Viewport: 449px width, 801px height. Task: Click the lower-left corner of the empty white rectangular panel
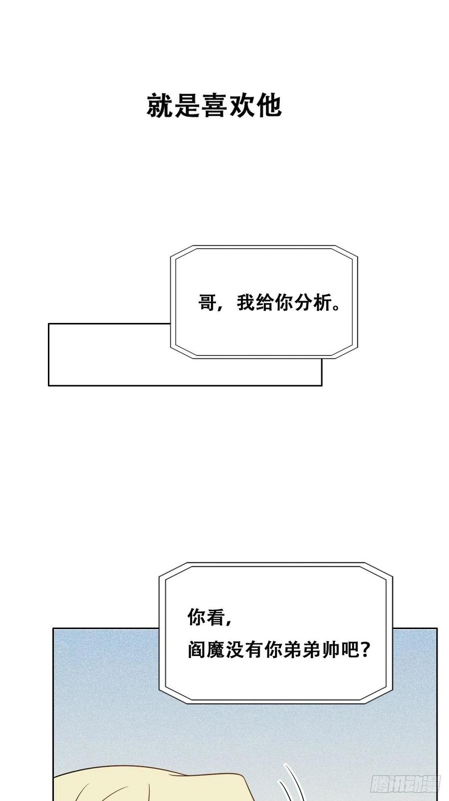49,385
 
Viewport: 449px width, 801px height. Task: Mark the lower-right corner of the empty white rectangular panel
322,385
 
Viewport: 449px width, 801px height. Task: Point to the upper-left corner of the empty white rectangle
49,324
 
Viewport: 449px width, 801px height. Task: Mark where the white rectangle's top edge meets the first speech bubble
171,324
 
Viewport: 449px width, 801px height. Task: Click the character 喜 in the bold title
215,106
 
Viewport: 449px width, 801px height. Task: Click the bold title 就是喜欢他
215,106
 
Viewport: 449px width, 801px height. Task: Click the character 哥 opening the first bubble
208,303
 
